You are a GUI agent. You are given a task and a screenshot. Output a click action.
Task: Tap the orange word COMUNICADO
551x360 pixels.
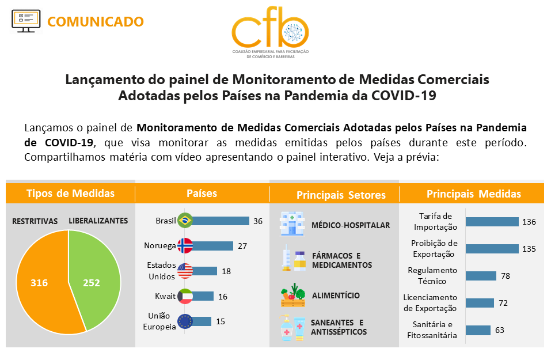pyautogui.click(x=96, y=22)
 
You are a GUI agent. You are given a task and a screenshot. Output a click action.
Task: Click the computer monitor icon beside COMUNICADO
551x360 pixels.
pyautogui.click(x=26, y=21)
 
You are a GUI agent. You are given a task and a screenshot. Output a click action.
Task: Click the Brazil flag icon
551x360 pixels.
pyautogui.click(x=185, y=221)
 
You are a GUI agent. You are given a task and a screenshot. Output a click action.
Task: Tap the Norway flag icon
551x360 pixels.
pyautogui.click(x=185, y=246)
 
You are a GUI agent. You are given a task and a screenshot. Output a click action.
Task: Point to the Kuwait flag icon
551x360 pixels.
pyautogui.click(x=185, y=296)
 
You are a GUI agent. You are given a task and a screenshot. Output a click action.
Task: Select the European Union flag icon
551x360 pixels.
pyautogui.click(x=185, y=321)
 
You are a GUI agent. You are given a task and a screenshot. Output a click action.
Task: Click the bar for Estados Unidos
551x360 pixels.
pyautogui.click(x=205, y=271)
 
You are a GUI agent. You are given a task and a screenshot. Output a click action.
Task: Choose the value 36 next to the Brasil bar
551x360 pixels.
pyautogui.click(x=258, y=221)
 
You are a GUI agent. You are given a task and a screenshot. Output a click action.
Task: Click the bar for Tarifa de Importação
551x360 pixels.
pyautogui.click(x=492, y=222)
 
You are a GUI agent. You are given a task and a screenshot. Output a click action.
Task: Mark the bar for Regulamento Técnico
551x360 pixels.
pyautogui.click(x=481, y=276)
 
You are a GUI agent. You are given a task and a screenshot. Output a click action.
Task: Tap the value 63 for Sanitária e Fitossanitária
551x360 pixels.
pyautogui.click(x=500, y=330)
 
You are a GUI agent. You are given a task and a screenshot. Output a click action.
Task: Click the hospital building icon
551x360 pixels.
pyautogui.click(x=292, y=225)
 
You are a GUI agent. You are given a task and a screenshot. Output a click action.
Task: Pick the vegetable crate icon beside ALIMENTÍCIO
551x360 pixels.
pyautogui.click(x=293, y=295)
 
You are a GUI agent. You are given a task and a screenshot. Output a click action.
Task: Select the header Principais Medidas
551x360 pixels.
pyautogui.click(x=473, y=194)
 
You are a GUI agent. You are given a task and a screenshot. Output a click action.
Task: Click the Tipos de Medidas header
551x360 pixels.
pyautogui.click(x=70, y=193)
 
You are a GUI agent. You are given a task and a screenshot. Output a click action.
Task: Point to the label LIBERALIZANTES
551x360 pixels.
pyautogui.click(x=98, y=221)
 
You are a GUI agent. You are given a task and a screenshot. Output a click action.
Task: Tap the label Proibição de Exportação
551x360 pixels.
pyautogui.click(x=434, y=248)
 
